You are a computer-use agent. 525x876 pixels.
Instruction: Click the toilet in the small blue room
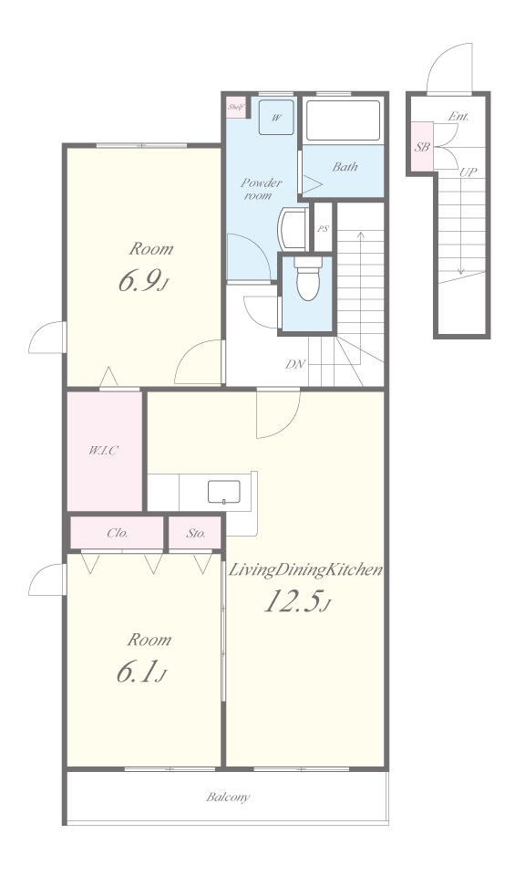pos(308,278)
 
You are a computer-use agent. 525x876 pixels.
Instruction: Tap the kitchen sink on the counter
pos(223,492)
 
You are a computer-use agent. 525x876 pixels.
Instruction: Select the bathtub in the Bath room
pos(343,120)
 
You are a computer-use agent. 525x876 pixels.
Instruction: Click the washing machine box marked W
pos(276,118)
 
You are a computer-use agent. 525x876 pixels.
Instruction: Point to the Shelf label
pos(235,107)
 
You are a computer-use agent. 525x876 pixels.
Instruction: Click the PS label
pos(323,228)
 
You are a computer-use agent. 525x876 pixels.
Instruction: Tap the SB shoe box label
pos(422,148)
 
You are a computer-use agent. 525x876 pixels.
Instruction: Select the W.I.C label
pos(104,450)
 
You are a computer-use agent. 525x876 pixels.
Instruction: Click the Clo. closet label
pos(118,533)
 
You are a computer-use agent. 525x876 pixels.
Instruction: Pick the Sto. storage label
pos(196,533)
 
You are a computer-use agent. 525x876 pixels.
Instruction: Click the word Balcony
pos(228,797)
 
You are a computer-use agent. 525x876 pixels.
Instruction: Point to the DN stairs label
pos(295,364)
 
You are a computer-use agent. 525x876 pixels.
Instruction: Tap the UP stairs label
pos(468,172)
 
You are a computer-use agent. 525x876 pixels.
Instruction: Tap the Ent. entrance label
pos(458,117)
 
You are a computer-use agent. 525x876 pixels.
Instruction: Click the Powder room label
pos(261,189)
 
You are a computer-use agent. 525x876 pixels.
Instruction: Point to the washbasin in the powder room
pos(293,228)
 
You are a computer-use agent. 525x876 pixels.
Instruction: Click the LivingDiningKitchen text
pos(306,569)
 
